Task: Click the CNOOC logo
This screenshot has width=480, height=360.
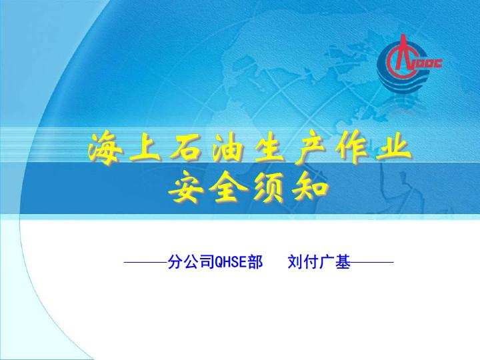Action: [409, 63]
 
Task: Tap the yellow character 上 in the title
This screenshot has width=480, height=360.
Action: [144, 149]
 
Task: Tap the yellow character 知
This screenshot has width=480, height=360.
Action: [309, 189]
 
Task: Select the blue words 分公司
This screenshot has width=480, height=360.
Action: [191, 262]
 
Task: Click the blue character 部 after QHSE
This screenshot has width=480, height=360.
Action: [255, 262]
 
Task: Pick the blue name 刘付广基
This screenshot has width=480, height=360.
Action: [319, 262]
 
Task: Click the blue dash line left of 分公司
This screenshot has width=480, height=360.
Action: [146, 263]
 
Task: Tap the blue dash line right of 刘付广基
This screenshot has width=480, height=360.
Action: [372, 263]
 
